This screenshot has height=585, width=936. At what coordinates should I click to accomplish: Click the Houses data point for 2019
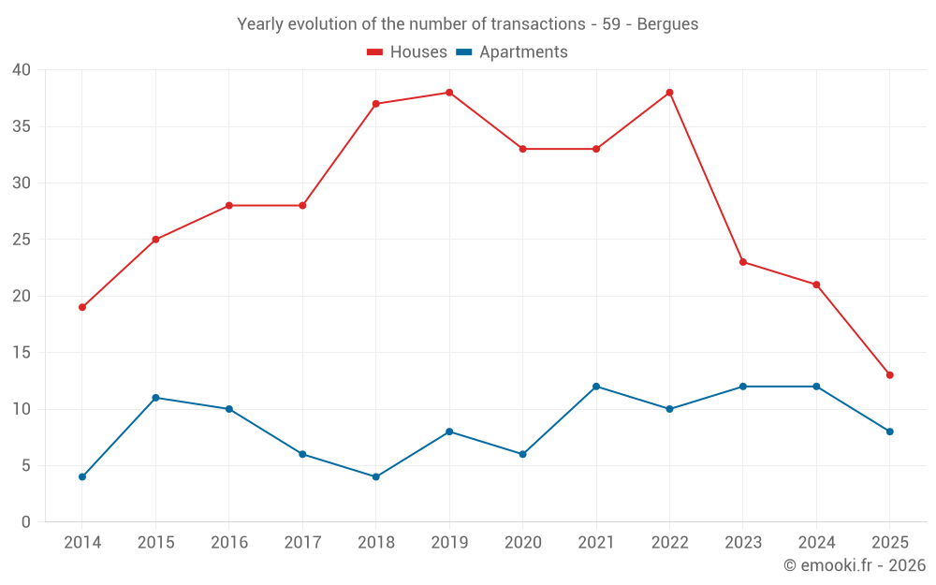[x=449, y=93]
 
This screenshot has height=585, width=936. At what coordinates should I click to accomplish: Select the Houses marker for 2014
[x=82, y=307]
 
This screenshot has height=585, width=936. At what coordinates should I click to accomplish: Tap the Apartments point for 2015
[x=155, y=398]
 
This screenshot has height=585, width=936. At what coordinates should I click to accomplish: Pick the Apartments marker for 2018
[x=375, y=476]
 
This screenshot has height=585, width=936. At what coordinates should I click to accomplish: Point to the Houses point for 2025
[x=889, y=375]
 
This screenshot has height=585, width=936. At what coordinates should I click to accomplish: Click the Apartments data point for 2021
[x=596, y=387]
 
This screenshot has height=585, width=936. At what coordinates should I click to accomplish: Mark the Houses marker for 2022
[x=669, y=93]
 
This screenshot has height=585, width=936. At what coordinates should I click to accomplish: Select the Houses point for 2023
[x=743, y=262]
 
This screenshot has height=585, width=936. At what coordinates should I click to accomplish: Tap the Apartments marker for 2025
[x=889, y=431]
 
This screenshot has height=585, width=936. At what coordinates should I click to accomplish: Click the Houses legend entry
[x=407, y=52]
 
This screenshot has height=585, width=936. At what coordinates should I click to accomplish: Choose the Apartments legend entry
[x=513, y=52]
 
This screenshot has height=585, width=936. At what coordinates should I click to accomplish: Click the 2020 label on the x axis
[x=522, y=543]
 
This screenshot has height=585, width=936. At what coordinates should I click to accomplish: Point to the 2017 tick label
[x=302, y=543]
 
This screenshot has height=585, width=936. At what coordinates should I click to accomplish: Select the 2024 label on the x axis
[x=816, y=543]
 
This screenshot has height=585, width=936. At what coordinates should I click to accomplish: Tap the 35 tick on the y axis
[x=22, y=126]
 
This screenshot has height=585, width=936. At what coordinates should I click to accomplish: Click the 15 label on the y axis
[x=22, y=353]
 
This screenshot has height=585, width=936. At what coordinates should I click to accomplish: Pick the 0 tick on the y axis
[x=26, y=522]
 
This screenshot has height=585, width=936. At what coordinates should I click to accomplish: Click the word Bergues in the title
[x=667, y=24]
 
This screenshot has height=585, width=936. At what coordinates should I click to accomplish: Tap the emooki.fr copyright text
[x=855, y=565]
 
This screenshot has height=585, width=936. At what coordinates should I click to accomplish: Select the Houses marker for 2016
[x=229, y=205]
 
